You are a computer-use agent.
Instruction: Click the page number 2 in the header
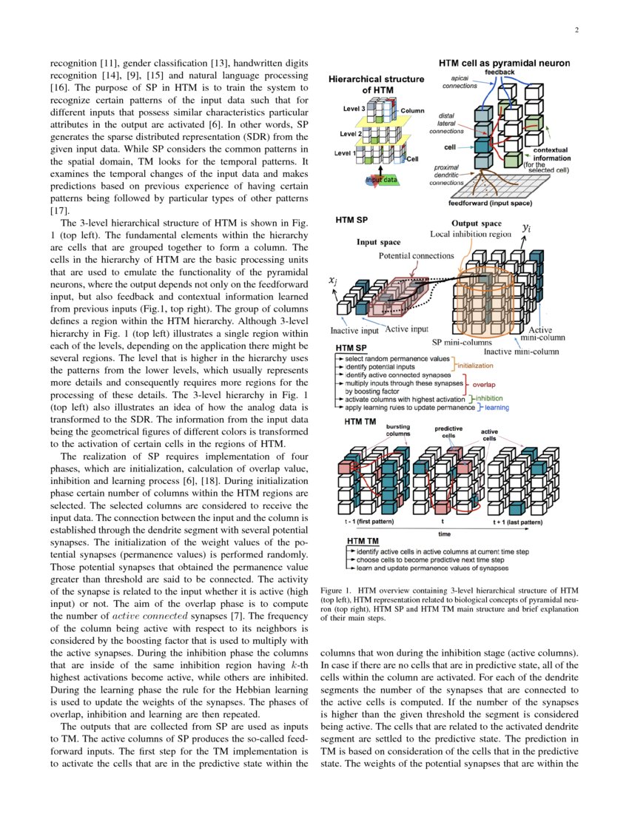click(x=575, y=30)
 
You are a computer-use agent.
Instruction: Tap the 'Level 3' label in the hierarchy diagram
click(x=353, y=108)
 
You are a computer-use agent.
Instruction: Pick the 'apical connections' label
click(x=460, y=81)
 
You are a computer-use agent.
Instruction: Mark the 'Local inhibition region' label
click(x=471, y=234)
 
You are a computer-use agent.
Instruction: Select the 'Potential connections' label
click(x=417, y=255)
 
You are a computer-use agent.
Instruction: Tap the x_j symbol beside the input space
click(x=333, y=280)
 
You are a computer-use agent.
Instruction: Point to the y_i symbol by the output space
click(x=526, y=229)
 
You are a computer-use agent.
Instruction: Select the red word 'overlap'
click(x=484, y=385)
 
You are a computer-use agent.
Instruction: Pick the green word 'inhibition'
click(x=489, y=398)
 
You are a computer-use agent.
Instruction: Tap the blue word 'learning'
click(x=497, y=408)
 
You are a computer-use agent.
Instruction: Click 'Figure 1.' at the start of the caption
click(x=336, y=591)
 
